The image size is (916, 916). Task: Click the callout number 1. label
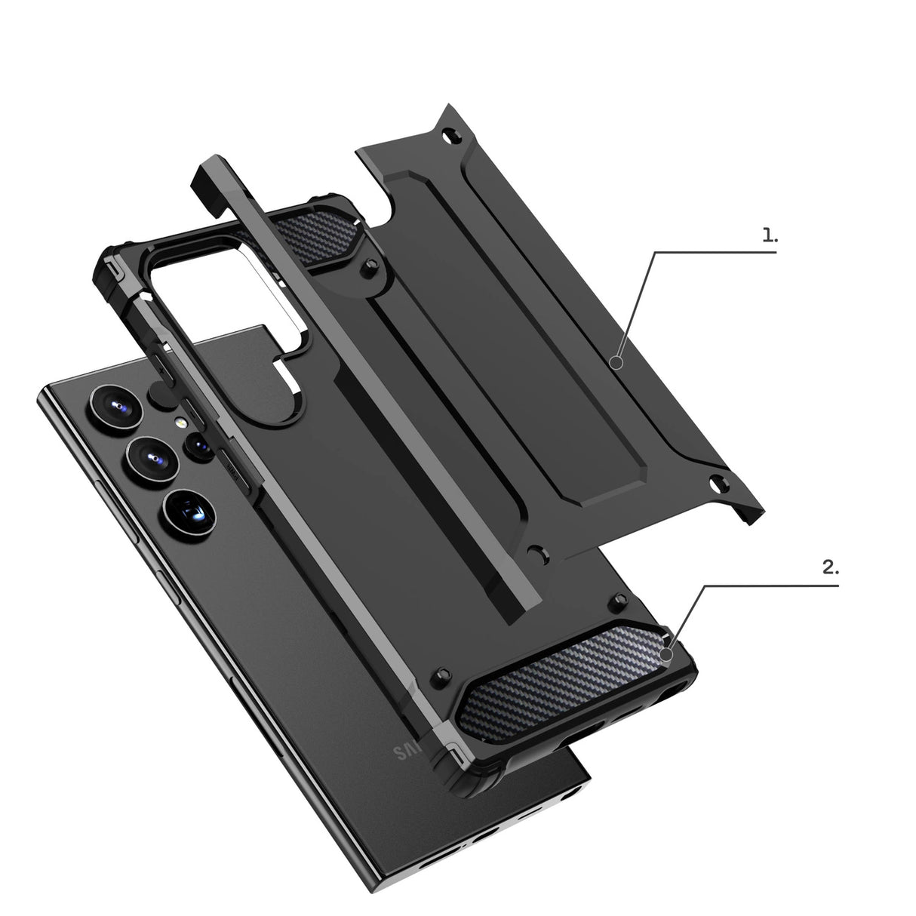coord(769,235)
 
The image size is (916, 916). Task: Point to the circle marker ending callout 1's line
coord(616,364)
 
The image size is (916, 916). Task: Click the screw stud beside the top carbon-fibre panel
coord(368,266)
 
